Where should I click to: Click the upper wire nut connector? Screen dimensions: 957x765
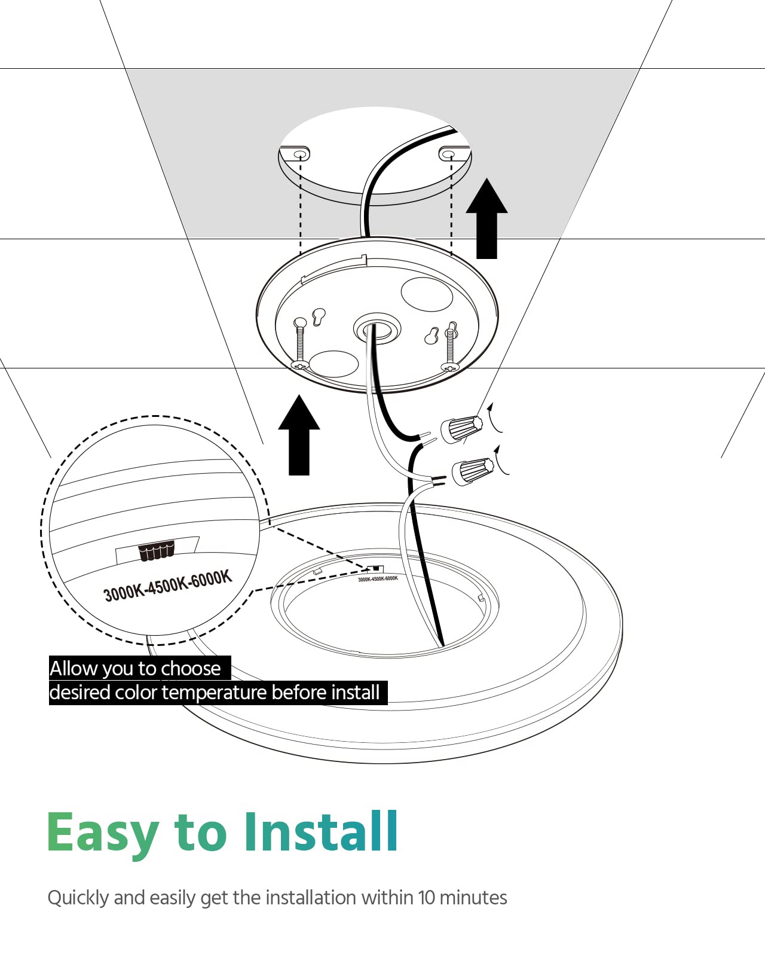pyautogui.click(x=461, y=428)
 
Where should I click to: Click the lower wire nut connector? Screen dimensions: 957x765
pyautogui.click(x=473, y=470)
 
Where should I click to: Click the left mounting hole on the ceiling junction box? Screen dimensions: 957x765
pyautogui.click(x=300, y=155)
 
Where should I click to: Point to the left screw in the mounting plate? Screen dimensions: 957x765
pyautogui.click(x=299, y=344)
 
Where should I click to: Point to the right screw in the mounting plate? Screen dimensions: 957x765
pyautogui.click(x=451, y=347)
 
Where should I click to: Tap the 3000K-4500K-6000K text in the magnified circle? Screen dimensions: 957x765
pyautogui.click(x=167, y=586)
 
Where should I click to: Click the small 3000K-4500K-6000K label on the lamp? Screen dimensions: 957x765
pyautogui.click(x=378, y=578)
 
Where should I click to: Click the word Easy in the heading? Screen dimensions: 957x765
pyautogui.click(x=102, y=833)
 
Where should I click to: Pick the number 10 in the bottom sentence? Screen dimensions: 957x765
pyautogui.click(x=426, y=898)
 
